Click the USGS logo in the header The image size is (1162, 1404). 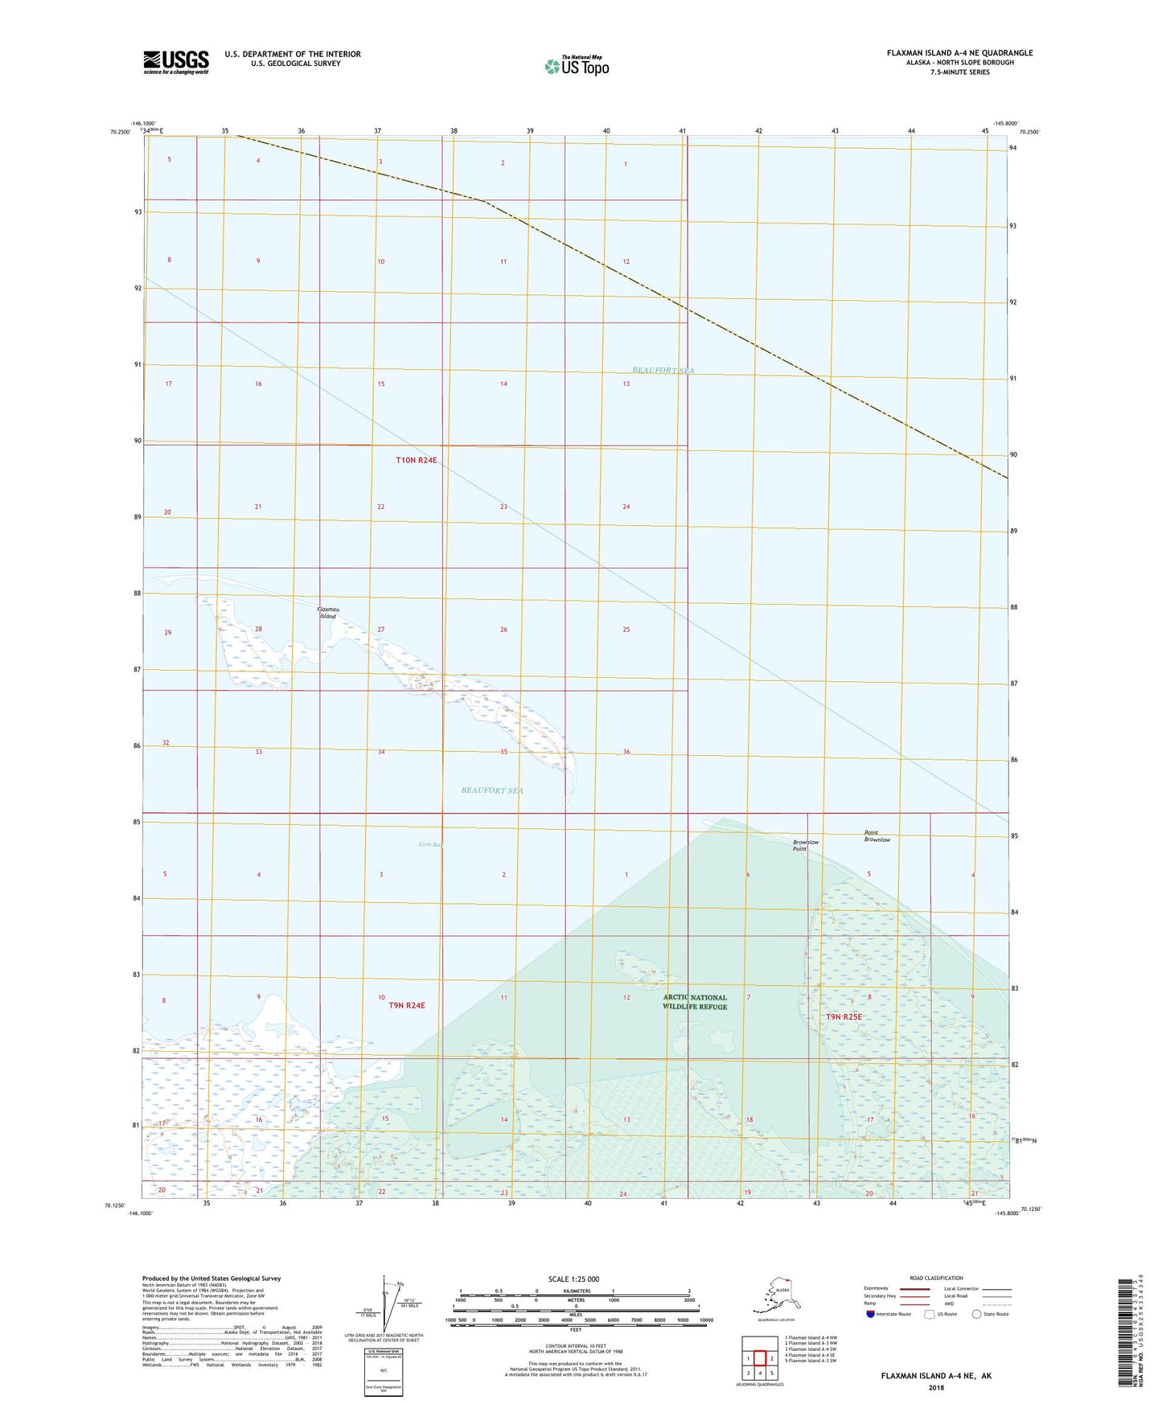tap(176, 62)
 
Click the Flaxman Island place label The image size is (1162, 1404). tap(328, 613)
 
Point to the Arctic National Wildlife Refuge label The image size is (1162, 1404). tap(695, 1002)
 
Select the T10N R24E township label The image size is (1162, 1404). tap(417, 461)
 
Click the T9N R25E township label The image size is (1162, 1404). tap(844, 1016)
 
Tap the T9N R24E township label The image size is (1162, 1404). tap(406, 1005)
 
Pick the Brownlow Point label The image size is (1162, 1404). tap(806, 845)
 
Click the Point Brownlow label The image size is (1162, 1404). tap(877, 836)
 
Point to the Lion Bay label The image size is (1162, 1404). tap(430, 844)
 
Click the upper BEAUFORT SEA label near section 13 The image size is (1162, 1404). tap(663, 371)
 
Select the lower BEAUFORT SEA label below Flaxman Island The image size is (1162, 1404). tap(492, 790)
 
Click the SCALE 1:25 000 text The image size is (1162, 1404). tap(573, 1279)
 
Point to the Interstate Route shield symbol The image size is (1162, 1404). tap(872, 1314)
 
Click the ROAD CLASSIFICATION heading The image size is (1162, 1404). tap(936, 1278)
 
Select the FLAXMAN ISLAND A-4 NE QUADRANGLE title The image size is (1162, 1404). tap(959, 53)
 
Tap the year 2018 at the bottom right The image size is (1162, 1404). tap(936, 1387)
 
